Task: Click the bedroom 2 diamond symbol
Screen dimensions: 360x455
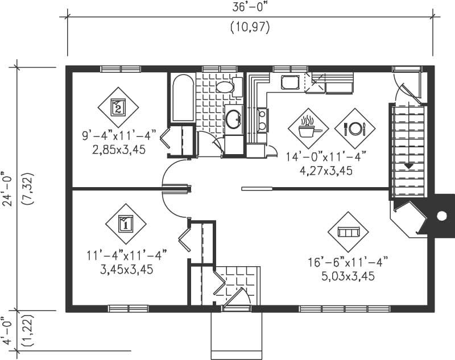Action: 118,107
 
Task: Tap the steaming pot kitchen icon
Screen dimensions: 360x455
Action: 308,129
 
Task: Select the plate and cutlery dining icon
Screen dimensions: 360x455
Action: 355,129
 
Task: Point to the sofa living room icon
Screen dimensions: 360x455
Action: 348,232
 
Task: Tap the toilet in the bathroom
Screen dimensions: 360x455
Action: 225,87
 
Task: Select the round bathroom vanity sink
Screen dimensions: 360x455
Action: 233,119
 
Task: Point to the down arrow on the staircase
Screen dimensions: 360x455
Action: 408,165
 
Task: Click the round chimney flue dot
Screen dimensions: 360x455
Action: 441,215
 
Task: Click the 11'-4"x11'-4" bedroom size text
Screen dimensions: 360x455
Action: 126,256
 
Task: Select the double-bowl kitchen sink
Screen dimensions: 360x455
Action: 262,119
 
